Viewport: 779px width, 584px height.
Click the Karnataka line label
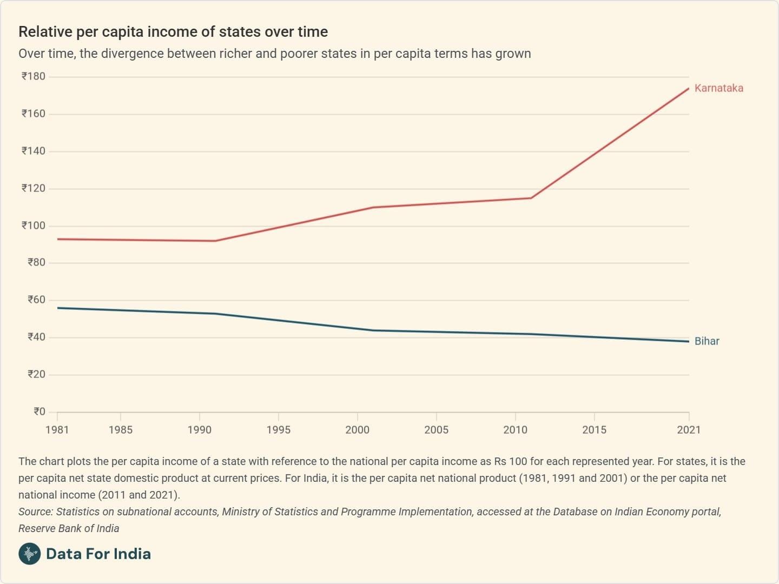coord(718,88)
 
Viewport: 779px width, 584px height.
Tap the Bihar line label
coord(707,341)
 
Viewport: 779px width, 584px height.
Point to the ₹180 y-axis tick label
coord(34,76)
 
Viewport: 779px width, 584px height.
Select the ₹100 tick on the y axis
coord(34,225)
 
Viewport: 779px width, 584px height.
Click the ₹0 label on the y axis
coord(39,412)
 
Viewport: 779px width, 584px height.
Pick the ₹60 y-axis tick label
coord(36,300)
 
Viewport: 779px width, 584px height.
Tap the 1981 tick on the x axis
coord(57,430)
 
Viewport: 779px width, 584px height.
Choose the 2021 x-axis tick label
coord(689,430)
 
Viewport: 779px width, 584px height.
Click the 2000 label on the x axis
coord(357,430)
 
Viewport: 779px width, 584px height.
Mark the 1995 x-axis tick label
coord(278,430)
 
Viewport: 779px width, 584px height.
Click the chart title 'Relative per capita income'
coord(173,32)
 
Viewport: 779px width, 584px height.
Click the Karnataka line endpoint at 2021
coord(688,89)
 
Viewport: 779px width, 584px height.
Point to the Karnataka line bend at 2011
coord(531,198)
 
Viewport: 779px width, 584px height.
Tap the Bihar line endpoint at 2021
coord(688,341)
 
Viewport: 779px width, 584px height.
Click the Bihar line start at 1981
coord(58,308)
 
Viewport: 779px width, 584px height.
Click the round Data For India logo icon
coord(29,554)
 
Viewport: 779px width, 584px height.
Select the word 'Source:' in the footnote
coord(36,512)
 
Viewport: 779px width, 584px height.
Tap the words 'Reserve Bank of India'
coord(69,528)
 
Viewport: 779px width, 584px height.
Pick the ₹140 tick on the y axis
coord(34,151)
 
